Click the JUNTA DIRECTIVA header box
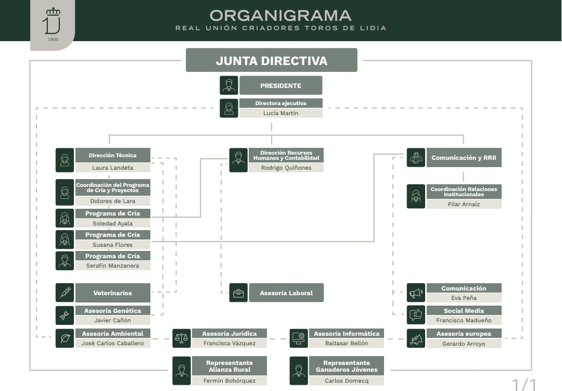pyautogui.click(x=271, y=60)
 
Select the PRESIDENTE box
pyautogui.click(x=280, y=85)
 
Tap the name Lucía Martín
pyautogui.click(x=280, y=113)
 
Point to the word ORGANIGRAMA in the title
pyautogui.click(x=280, y=15)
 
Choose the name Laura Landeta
pyautogui.click(x=112, y=168)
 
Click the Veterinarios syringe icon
pyautogui.click(x=65, y=293)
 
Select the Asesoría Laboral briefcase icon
pyautogui.click(x=238, y=293)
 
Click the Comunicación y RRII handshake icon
pyautogui.click(x=415, y=158)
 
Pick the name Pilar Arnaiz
pyautogui.click(x=464, y=204)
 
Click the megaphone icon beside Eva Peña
pyautogui.click(x=415, y=293)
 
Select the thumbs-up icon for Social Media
pyautogui.click(x=415, y=315)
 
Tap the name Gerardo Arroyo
pyautogui.click(x=463, y=344)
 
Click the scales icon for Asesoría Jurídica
pyautogui.click(x=181, y=338)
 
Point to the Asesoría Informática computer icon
pyautogui.click(x=299, y=338)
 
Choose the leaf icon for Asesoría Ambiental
pyautogui.click(x=65, y=338)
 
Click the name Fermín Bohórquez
pyautogui.click(x=229, y=381)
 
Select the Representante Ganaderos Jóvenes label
pyautogui.click(x=346, y=366)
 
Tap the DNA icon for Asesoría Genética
pyautogui.click(x=65, y=315)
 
